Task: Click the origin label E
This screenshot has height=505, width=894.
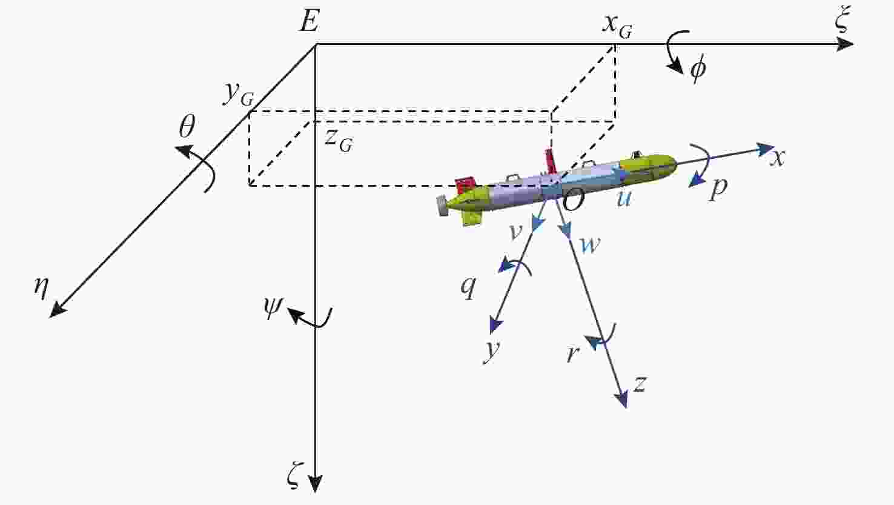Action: pyautogui.click(x=310, y=21)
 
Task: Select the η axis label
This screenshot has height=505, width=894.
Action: pyautogui.click(x=42, y=287)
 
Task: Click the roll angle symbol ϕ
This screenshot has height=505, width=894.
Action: pyautogui.click(x=698, y=70)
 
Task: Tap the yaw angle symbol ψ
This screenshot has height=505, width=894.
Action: pyautogui.click(x=273, y=308)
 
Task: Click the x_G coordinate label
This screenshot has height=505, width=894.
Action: pyautogui.click(x=617, y=26)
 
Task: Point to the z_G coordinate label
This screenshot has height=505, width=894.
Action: pyautogui.click(x=339, y=141)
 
